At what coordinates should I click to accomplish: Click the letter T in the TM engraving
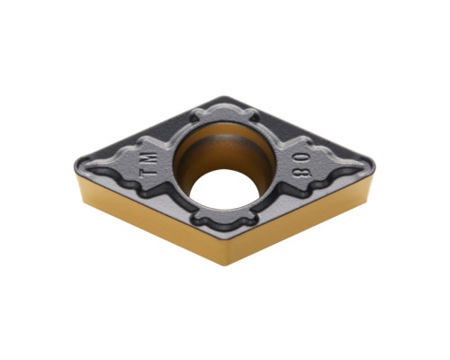[x=147, y=173]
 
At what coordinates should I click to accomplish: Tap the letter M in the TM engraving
[x=150, y=159]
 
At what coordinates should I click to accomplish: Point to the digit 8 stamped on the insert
[x=301, y=172]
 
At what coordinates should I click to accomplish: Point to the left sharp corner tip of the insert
[x=75, y=165]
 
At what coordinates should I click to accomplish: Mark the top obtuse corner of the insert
[x=224, y=97]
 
